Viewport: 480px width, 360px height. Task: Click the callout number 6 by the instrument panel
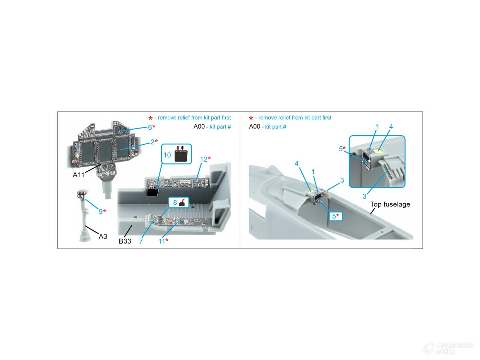coord(150,127)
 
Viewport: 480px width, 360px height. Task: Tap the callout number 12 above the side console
coord(204,159)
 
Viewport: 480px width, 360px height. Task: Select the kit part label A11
coord(79,175)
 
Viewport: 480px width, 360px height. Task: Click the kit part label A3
coord(103,237)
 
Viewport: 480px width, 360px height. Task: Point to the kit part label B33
coord(125,241)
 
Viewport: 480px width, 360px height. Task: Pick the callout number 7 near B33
coord(141,241)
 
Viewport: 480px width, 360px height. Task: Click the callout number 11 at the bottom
coord(161,241)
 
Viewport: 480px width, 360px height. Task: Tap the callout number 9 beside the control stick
coord(100,212)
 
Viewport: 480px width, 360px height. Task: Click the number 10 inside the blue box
coord(167,155)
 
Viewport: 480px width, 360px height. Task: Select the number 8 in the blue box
coord(175,202)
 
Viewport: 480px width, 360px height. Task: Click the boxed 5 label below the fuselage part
coord(334,216)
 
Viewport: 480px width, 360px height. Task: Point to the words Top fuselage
coord(390,204)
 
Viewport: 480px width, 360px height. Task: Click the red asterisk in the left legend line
coord(151,118)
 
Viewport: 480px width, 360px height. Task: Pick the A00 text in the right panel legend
coord(254,127)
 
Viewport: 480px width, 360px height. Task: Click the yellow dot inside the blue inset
coord(379,151)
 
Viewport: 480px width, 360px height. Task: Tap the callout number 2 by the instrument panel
coord(153,142)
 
